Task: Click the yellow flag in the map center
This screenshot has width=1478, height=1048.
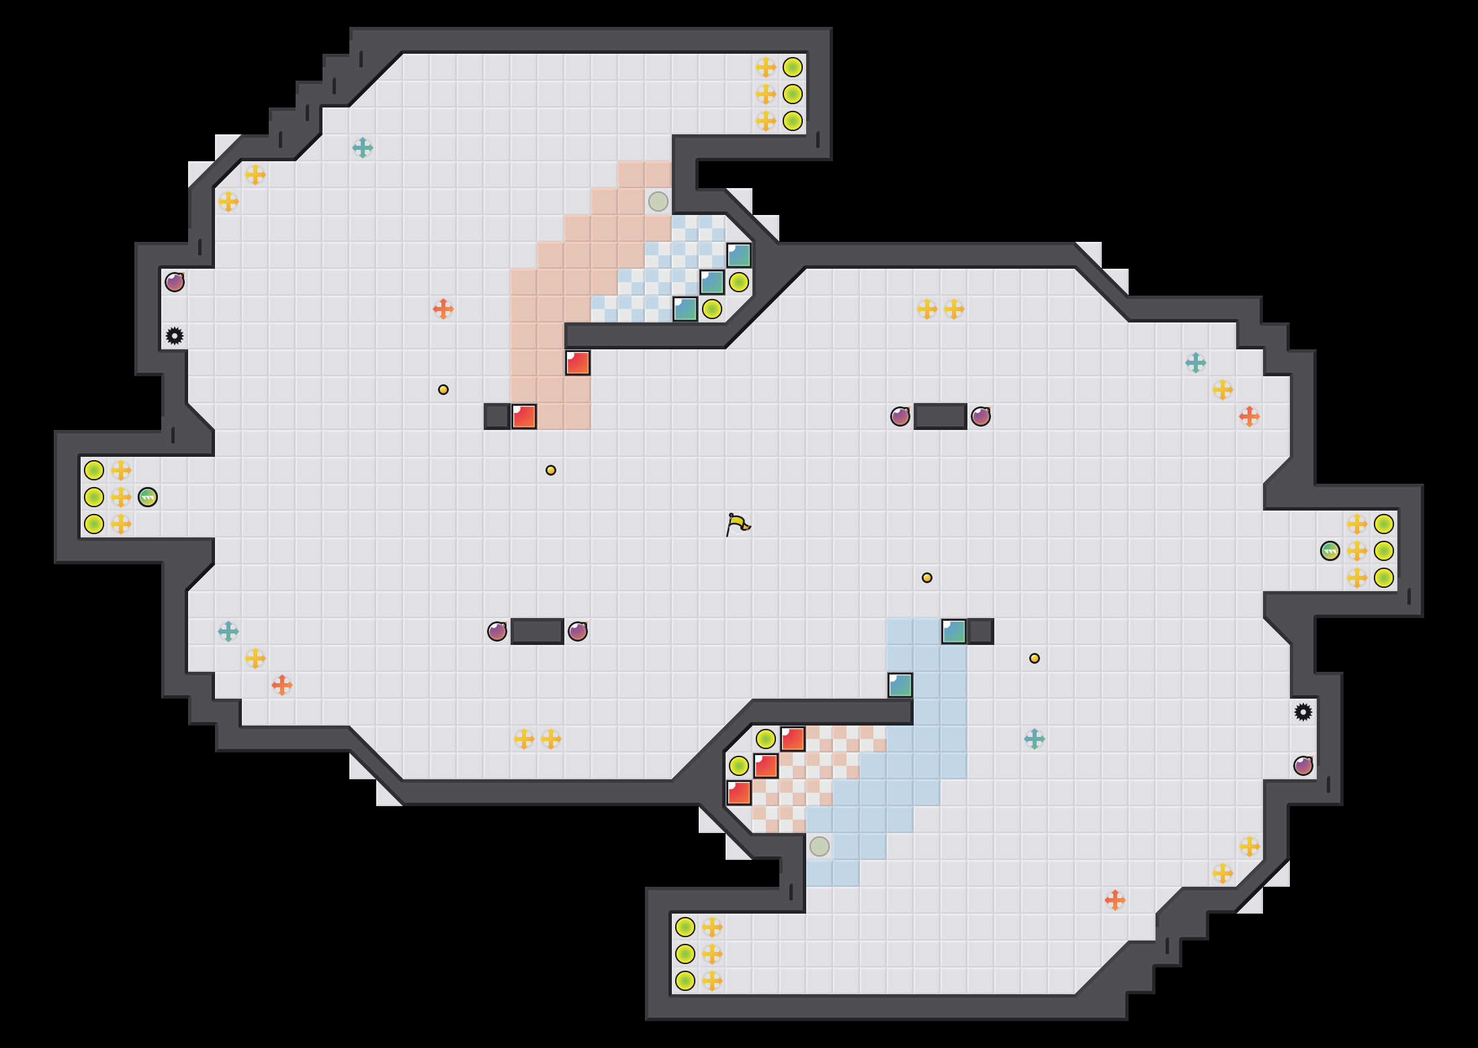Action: (738, 524)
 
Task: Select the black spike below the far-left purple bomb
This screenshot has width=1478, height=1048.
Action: (175, 336)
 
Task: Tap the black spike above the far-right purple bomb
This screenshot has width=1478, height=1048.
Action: (1303, 712)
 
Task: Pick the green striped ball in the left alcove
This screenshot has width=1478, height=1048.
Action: (148, 497)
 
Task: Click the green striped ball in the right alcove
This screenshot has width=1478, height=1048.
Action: (1330, 551)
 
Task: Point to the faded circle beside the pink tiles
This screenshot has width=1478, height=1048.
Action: (658, 201)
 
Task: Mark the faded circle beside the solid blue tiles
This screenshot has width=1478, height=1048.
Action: (820, 846)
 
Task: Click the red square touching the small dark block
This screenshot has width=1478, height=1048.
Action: (524, 417)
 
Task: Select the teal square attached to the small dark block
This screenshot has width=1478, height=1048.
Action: (954, 631)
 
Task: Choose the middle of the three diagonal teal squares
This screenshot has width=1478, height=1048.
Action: (712, 282)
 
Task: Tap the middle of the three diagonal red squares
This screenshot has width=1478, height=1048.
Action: (766, 766)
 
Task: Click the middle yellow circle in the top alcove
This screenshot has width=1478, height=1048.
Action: (793, 94)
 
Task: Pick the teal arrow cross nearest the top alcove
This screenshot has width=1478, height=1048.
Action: (363, 148)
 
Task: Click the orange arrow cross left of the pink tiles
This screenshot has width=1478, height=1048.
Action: (443, 309)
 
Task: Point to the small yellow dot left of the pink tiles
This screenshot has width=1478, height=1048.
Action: (443, 390)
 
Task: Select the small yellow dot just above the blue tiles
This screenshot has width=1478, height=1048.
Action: (927, 578)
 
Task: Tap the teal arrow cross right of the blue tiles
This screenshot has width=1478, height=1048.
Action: (1035, 739)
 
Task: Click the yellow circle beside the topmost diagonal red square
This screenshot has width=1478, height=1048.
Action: (766, 739)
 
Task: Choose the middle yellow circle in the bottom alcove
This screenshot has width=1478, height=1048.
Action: (685, 954)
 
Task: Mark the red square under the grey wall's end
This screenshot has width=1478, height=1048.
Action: (578, 363)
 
